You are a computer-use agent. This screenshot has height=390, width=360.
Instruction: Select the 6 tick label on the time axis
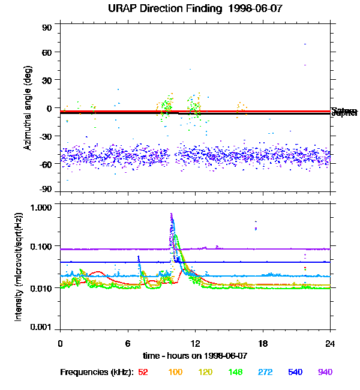(x=128, y=344)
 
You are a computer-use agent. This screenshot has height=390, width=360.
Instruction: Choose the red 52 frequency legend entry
(x=143, y=373)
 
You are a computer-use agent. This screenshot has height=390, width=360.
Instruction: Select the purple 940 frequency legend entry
(x=325, y=373)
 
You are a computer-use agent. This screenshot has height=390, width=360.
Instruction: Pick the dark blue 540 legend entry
(x=296, y=373)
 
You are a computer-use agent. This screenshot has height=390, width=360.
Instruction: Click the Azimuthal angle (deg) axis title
(x=28, y=108)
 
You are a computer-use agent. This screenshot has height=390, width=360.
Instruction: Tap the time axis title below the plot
(x=195, y=356)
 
